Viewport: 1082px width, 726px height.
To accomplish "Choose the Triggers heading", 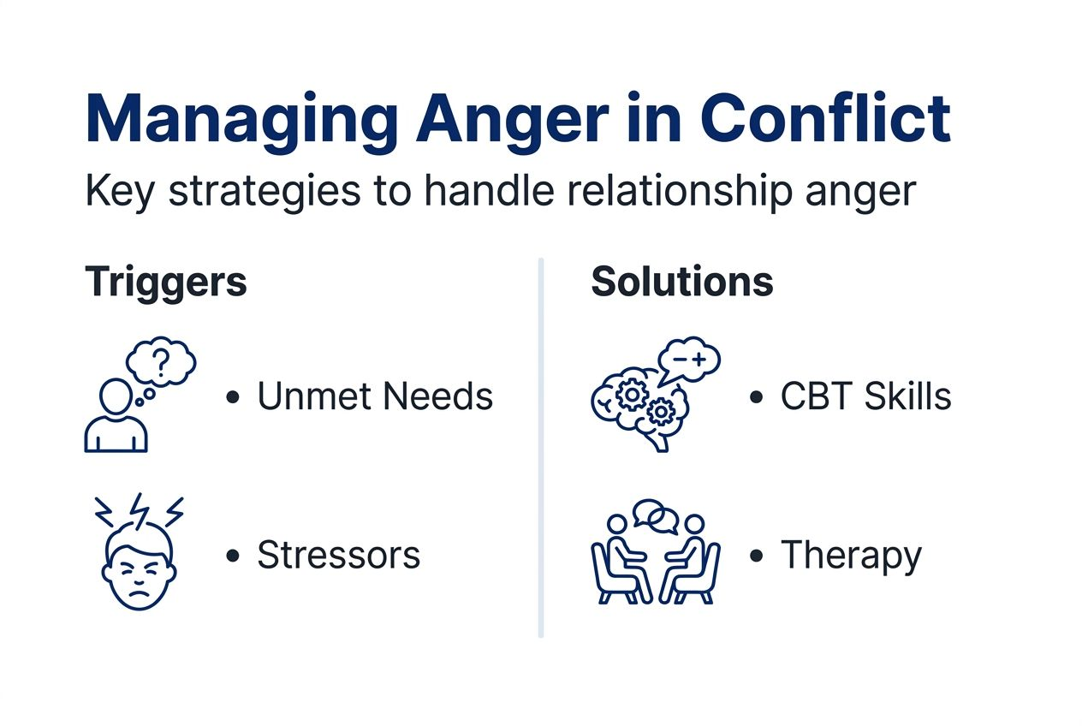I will pos(165,282).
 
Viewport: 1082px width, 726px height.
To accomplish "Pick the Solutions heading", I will pos(682,282).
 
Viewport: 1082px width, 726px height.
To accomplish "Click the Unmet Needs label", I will pos(375,396).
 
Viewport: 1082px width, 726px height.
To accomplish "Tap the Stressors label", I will pos(338,555).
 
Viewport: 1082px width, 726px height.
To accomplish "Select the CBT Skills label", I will pos(865,396).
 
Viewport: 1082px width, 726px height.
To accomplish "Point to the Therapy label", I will pos(851,555).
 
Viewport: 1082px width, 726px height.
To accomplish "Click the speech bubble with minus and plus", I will pos(688,360).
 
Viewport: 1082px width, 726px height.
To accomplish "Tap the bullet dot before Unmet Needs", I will pos(232,397).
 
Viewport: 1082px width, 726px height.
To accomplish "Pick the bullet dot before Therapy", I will pos(756,556).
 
